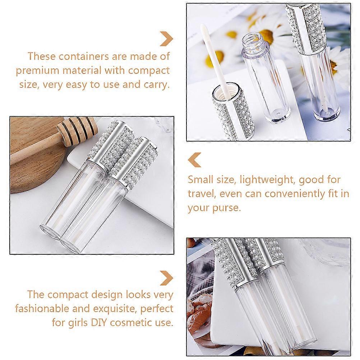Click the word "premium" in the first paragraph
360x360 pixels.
pos(38,71)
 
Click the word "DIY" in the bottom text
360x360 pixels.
pos(100,322)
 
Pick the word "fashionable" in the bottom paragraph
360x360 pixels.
pos(42,308)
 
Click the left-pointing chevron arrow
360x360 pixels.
pos(194,160)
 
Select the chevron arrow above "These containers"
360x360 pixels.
pos(166,38)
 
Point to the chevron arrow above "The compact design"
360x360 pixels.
pos(166,278)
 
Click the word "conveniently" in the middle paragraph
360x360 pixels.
pos(295,194)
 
